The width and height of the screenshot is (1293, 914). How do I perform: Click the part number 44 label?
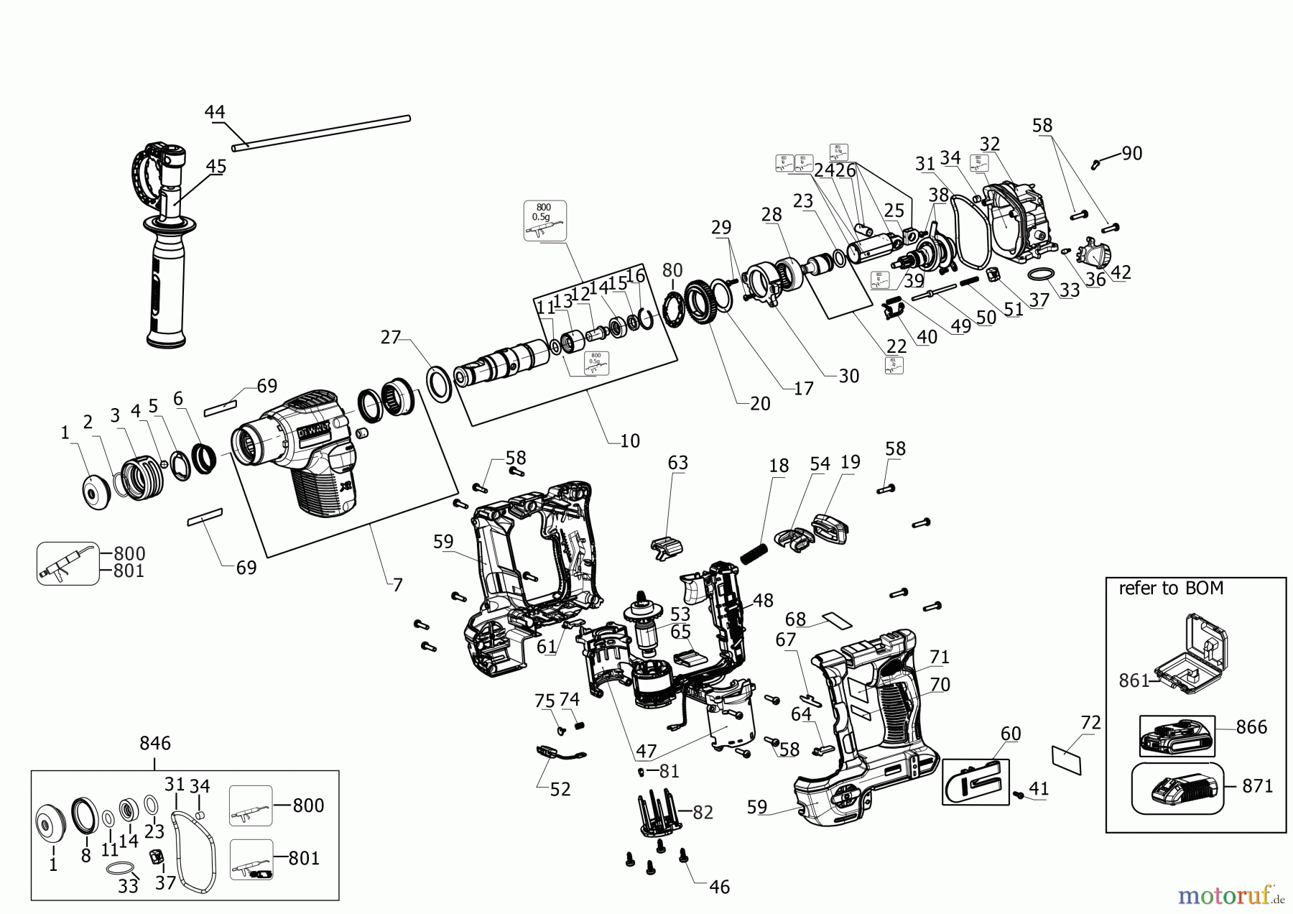point(215,112)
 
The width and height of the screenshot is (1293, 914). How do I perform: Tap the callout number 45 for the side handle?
point(216,167)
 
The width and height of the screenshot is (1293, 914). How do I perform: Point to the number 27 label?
point(390,337)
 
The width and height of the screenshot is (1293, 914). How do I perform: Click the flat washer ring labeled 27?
point(439,384)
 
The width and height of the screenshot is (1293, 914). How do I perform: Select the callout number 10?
point(629,440)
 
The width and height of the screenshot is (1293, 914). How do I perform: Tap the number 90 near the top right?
point(1131,153)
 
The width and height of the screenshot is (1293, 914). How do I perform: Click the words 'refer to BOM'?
point(1171,588)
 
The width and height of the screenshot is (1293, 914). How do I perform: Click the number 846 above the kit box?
point(155,743)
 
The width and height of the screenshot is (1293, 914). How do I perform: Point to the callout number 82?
point(703,812)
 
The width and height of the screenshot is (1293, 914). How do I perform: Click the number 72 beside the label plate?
point(1090,723)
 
